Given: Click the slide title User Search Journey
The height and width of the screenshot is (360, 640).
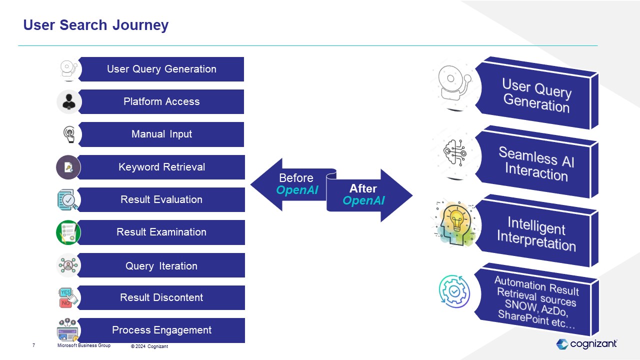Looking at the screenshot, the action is click(95, 25).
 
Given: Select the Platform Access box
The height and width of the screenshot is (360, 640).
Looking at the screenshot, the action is click(161, 101).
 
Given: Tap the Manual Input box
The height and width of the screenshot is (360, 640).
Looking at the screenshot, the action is click(161, 134).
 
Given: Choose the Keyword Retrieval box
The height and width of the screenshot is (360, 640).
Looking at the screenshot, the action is click(161, 167).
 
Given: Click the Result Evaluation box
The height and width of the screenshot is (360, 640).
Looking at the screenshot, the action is click(161, 199).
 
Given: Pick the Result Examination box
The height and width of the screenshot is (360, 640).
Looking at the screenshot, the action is click(161, 232).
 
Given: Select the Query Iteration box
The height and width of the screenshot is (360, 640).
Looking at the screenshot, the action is click(161, 265).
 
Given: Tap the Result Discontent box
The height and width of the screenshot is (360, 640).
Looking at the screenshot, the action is click(161, 297).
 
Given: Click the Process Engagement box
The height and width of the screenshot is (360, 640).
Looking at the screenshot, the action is click(161, 330).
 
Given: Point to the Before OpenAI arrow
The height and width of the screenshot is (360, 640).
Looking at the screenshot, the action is click(291, 184).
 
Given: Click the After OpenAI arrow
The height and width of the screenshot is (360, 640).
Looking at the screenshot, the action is click(368, 195).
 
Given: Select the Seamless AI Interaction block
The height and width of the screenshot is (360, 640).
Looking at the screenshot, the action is click(536, 163).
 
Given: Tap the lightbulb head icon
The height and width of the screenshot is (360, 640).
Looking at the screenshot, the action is click(455, 223).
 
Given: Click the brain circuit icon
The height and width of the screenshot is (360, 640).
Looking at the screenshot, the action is click(455, 152).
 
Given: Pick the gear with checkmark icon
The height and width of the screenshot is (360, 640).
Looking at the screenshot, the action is click(454, 291).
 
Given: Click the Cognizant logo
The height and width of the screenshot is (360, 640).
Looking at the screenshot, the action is click(586, 344).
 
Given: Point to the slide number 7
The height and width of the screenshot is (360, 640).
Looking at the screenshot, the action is click(33, 345).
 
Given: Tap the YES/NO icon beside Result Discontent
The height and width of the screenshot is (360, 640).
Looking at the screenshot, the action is click(67, 297).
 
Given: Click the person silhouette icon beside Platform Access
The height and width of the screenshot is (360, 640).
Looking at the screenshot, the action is click(69, 102).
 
